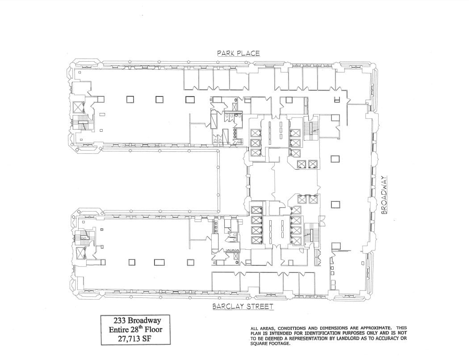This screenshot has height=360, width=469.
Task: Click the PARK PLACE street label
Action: [238, 53]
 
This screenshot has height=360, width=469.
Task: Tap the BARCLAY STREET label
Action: [243, 307]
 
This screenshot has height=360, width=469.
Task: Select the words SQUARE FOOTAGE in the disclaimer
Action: [271, 343]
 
